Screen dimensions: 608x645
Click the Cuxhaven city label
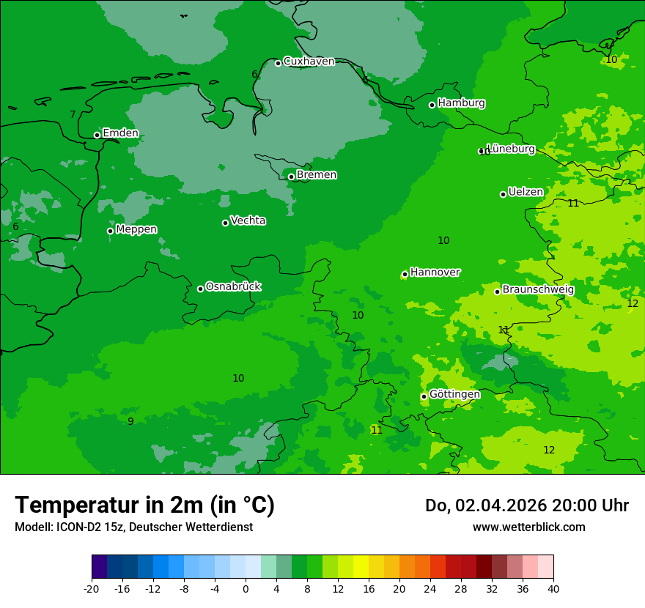(309, 62)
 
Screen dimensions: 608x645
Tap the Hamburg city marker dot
(432, 105)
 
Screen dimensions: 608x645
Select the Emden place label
(120, 133)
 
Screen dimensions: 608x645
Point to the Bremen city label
(317, 175)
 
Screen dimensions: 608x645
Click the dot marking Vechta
(225, 223)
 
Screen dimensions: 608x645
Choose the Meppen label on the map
(136, 229)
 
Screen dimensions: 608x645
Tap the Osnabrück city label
(233, 286)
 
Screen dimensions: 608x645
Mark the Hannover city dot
(405, 275)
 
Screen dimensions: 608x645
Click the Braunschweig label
(538, 289)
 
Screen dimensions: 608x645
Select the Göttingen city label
(454, 394)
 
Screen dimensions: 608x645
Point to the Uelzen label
(526, 192)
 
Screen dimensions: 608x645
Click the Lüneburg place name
(511, 149)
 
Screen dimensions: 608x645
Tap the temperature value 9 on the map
(130, 421)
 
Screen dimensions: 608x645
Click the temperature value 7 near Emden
(73, 114)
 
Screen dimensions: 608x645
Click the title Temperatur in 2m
(144, 505)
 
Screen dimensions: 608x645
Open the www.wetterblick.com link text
(528, 527)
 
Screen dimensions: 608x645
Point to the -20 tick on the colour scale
(92, 588)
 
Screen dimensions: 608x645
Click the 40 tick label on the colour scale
(553, 588)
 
